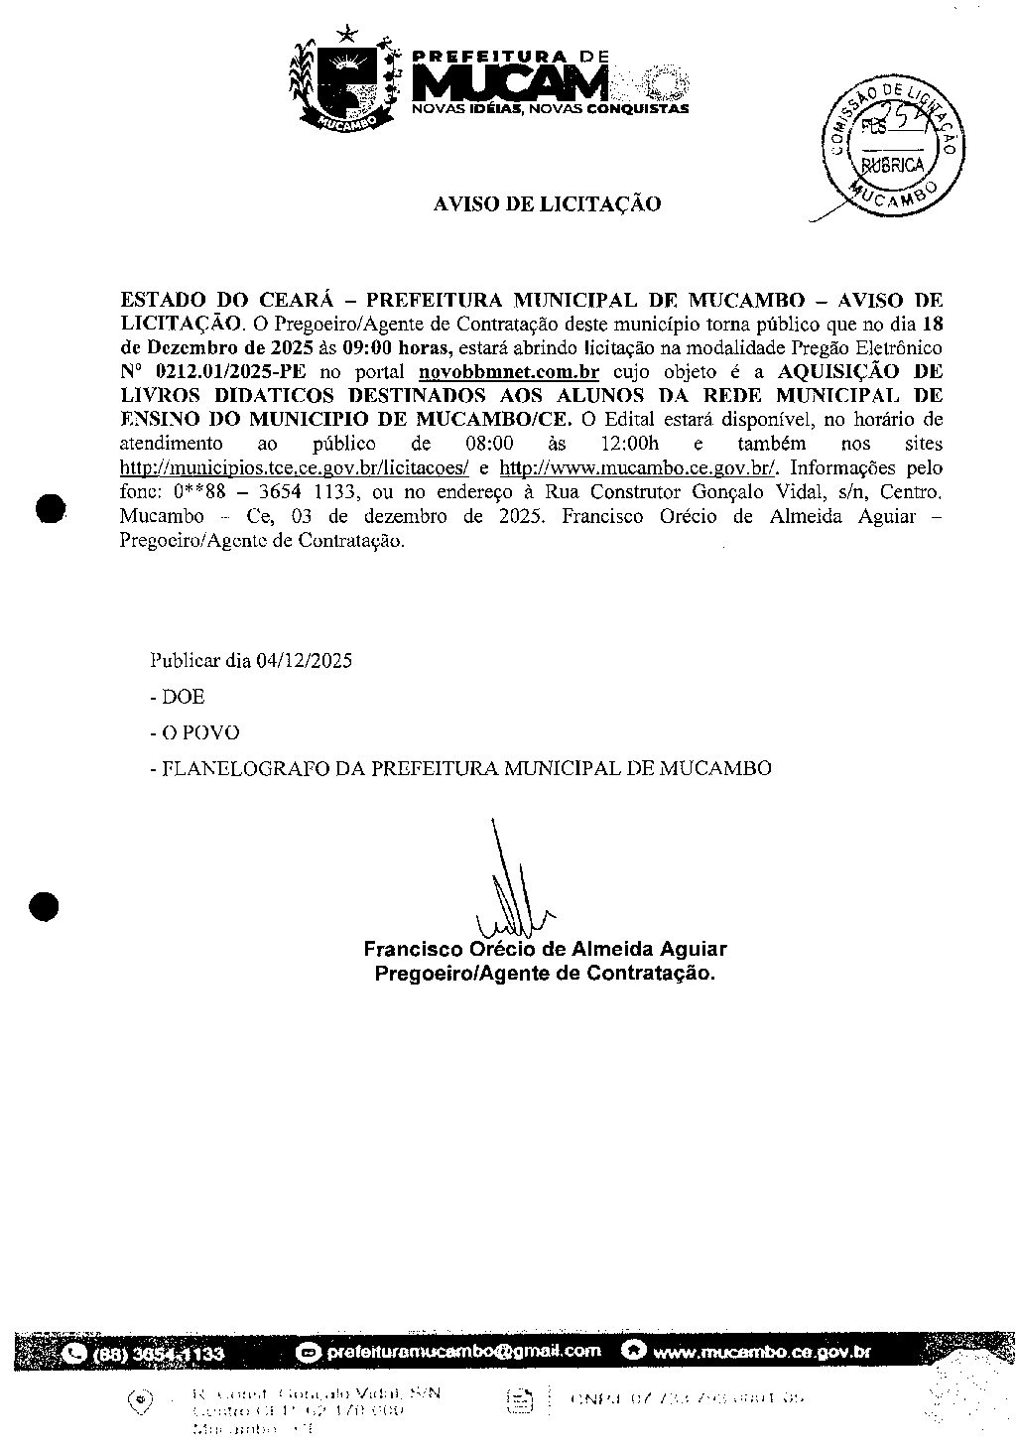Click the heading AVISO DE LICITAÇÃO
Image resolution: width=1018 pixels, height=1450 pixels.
tap(547, 204)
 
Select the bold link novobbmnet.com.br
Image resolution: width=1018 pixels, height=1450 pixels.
tap(509, 372)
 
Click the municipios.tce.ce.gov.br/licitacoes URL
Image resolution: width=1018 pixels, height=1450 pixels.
tap(294, 467)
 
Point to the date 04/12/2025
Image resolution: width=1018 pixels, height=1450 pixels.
tap(303, 660)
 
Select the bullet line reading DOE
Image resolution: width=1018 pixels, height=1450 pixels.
tap(184, 697)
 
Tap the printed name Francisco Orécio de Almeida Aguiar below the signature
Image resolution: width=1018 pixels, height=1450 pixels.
tap(545, 949)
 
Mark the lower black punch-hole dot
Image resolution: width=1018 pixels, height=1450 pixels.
tap(46, 906)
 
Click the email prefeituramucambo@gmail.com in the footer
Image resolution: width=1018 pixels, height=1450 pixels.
tap(463, 1351)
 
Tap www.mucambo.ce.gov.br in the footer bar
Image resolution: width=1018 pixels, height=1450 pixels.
tap(762, 1352)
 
